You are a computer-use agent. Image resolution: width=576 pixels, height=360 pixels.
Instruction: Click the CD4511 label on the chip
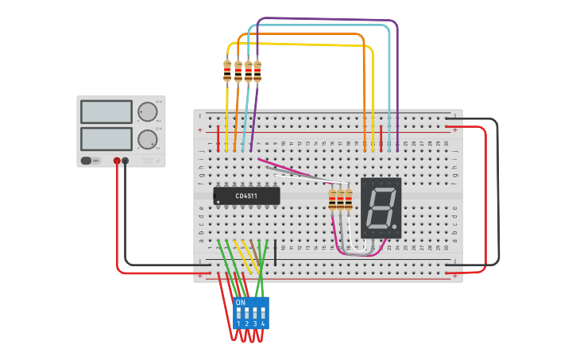[246, 195]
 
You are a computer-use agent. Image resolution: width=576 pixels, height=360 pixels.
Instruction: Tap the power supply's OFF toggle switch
[91, 161]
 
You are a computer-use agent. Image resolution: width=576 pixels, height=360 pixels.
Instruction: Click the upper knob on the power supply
[147, 111]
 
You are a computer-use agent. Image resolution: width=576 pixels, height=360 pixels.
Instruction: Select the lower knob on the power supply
[147, 139]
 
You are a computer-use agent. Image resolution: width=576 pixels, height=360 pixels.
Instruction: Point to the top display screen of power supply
[106, 111]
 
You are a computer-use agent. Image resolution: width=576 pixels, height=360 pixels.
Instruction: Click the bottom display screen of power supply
[106, 138]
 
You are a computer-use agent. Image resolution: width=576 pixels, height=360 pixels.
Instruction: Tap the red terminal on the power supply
[117, 161]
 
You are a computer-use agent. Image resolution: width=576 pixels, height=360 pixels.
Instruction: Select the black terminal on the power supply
[126, 161]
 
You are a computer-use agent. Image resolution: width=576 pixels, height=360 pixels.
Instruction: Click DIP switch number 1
[238, 313]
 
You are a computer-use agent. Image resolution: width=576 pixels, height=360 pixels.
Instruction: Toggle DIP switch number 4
[263, 313]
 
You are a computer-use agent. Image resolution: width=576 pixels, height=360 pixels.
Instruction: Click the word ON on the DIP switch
[240, 302]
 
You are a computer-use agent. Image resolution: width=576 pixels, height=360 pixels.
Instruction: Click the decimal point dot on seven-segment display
[396, 226]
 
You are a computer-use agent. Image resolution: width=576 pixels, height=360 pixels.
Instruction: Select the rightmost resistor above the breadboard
[257, 72]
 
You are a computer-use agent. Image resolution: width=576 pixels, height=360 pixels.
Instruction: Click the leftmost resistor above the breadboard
[228, 72]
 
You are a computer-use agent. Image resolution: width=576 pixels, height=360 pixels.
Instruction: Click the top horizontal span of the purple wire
[326, 19]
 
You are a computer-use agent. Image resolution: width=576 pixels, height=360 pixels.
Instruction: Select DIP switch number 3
[255, 313]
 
